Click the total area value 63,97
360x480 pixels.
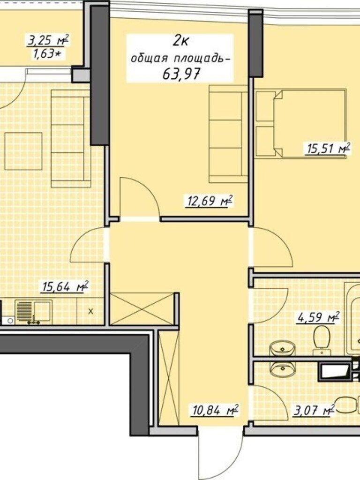[181, 73]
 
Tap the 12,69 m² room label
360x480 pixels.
[209, 202]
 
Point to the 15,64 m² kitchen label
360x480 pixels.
[65, 287]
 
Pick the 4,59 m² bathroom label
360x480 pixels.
[318, 317]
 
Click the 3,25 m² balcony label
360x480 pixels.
[48, 40]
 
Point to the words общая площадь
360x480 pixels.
[180, 58]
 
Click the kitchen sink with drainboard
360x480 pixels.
[33, 312]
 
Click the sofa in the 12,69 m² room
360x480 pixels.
[228, 134]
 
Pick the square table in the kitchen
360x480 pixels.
[23, 151]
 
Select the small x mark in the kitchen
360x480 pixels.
[90, 312]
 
